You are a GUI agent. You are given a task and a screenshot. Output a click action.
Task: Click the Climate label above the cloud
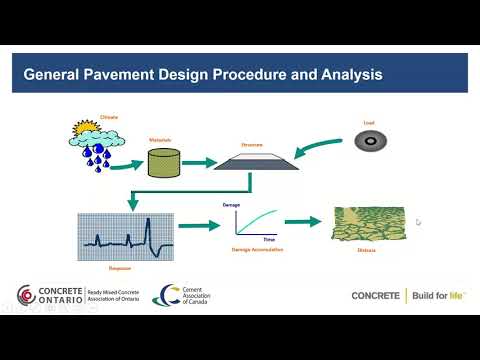(109, 117)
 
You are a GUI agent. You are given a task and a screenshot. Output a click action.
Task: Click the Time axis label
(269, 241)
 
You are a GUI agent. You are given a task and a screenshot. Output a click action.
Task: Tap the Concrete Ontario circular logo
(26, 296)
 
